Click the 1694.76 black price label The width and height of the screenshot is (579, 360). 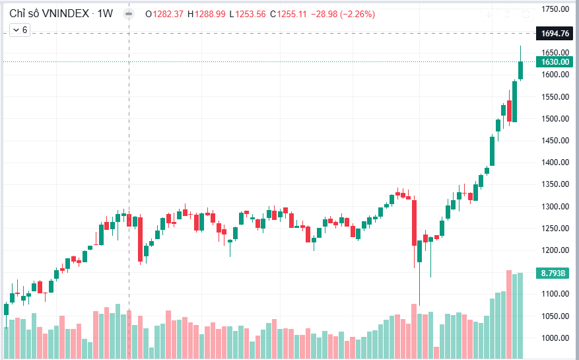[555, 33]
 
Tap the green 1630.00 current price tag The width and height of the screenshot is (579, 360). [555, 62]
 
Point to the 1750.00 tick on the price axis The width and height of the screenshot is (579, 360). [555, 9]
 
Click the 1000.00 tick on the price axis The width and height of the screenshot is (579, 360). [555, 338]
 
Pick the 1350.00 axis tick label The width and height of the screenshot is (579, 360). [555, 185]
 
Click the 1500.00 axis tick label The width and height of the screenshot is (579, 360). [555, 119]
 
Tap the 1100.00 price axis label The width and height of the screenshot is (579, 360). [555, 294]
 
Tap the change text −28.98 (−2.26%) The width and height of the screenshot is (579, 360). [340, 14]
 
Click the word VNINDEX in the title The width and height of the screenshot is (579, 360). [63, 14]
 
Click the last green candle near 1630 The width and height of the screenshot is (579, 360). [520, 70]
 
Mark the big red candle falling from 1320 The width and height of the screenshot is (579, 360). [414, 222]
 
